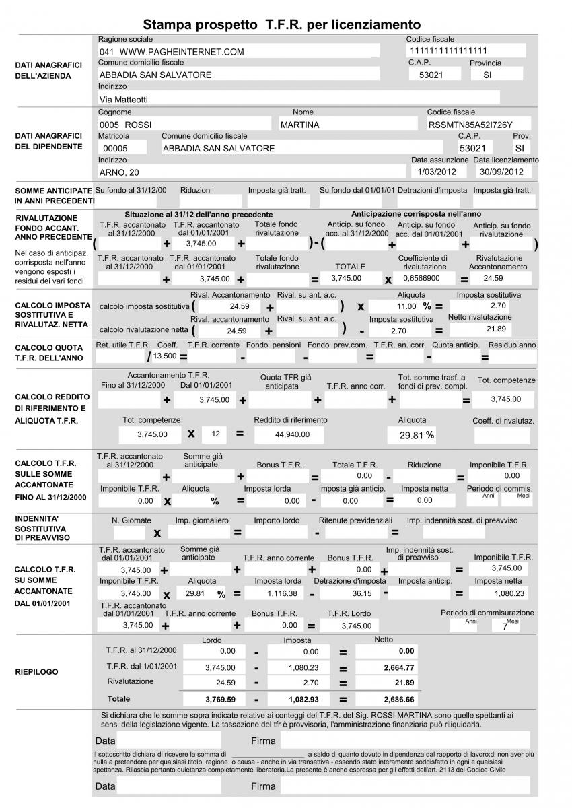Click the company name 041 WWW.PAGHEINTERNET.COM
[x=172, y=52]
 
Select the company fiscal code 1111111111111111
[x=448, y=50]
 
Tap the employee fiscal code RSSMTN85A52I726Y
[x=470, y=125]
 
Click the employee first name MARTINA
[x=300, y=125]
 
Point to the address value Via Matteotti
[x=124, y=99]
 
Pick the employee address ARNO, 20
[x=119, y=172]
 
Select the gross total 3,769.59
[x=219, y=699]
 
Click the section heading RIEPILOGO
[x=36, y=671]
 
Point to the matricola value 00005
[x=115, y=148]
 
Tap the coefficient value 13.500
[x=165, y=355]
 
